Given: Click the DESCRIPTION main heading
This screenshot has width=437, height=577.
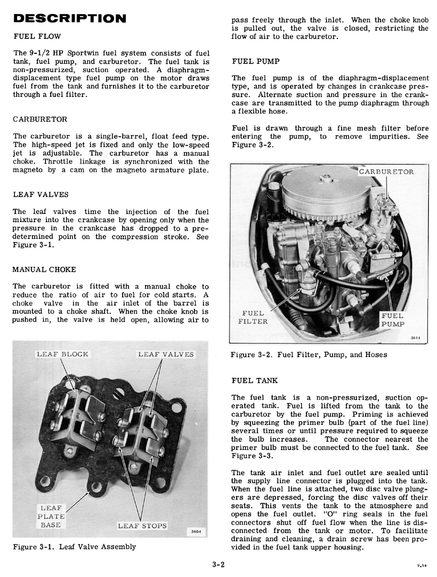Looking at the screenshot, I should [70, 19].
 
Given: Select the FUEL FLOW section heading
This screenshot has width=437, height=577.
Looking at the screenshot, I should [37, 36].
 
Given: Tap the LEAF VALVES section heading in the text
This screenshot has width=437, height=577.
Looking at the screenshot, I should [41, 195].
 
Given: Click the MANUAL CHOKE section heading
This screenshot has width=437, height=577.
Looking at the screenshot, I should [44, 270].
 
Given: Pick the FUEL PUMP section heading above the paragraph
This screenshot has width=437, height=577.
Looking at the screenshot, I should [255, 61].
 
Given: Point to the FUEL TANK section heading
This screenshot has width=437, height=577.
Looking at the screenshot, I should [254, 380].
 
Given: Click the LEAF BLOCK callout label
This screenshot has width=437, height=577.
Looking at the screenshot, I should [63, 354].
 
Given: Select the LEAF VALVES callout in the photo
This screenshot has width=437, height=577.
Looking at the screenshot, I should [166, 354].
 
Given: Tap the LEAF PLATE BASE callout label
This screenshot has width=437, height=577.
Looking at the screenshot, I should [51, 516].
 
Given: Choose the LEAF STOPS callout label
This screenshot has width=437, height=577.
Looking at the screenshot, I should [142, 525].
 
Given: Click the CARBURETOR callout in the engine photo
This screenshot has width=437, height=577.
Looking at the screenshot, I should [386, 172].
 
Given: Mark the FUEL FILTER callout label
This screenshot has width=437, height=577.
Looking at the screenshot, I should [253, 318].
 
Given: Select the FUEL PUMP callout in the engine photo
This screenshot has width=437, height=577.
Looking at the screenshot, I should [392, 320].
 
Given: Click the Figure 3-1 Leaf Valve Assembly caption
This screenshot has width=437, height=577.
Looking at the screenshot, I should [74, 547].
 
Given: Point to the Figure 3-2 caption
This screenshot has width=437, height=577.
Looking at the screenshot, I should [309, 355].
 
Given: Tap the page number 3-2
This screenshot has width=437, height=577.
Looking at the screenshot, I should [218, 565].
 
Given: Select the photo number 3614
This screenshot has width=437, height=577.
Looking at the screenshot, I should [415, 338].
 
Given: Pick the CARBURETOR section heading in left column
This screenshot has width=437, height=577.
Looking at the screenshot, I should [40, 119].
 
